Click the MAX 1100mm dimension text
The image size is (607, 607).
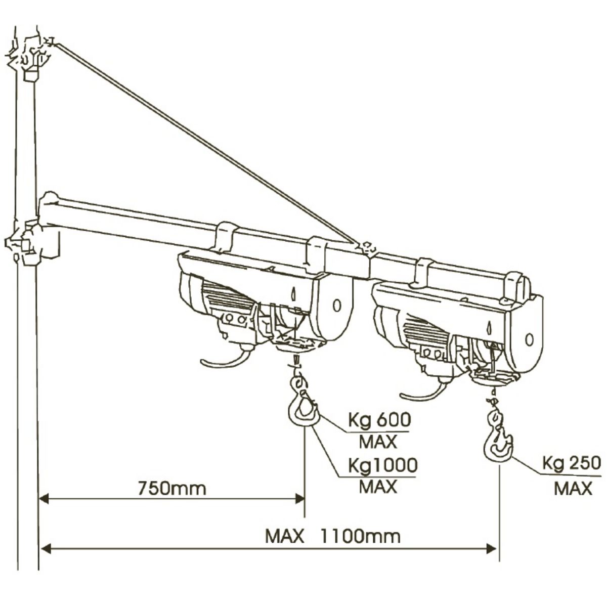333,536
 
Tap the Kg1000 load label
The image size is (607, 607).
382,464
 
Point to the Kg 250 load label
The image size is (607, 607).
572,463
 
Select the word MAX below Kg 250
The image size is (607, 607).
573,488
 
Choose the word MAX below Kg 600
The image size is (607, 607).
378,442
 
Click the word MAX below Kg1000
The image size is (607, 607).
378,487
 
